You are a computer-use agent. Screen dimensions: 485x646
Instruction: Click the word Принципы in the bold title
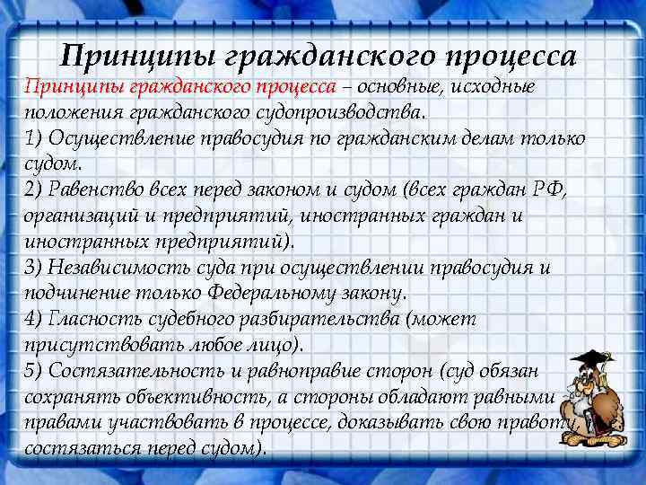[x=127, y=57]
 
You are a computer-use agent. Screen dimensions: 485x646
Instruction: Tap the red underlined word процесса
[x=295, y=87]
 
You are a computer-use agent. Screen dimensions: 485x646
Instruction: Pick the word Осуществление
[x=114, y=139]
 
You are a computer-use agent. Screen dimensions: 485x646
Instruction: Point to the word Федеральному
[x=270, y=294]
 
